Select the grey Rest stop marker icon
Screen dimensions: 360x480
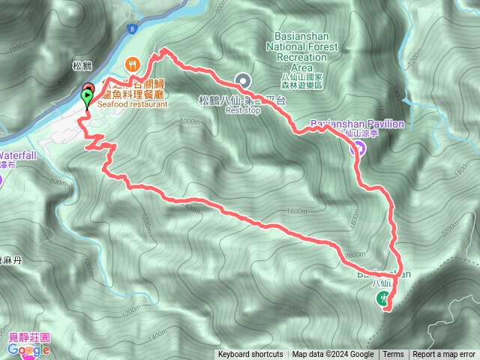click(242, 79)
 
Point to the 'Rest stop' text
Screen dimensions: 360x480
click(241, 109)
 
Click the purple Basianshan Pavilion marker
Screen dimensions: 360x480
click(358, 148)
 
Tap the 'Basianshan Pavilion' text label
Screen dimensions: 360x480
click(357, 124)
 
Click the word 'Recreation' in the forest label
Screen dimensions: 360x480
click(301, 56)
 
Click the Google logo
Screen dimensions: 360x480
click(29, 349)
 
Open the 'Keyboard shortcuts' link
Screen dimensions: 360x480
click(250, 355)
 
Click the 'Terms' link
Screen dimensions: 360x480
click(393, 355)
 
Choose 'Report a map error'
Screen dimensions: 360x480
click(444, 355)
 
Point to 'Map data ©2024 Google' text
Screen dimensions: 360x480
click(333, 355)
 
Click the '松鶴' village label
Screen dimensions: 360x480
click(82, 65)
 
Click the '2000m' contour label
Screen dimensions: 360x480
click(355, 254)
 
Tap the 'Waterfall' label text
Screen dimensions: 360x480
click(18, 156)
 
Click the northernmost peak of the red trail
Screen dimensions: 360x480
click(162, 51)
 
